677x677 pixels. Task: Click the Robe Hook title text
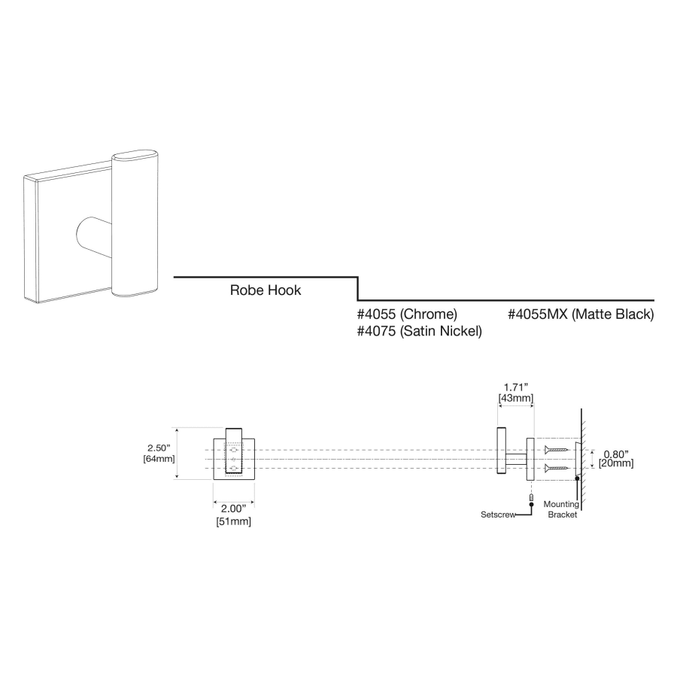tap(265, 290)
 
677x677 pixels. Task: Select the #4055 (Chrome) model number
tap(407, 314)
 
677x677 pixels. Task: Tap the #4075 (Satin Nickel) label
tap(419, 331)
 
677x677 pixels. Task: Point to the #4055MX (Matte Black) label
tap(581, 314)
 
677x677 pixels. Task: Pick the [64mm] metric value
tap(159, 459)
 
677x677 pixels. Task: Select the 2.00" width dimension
tap(234, 509)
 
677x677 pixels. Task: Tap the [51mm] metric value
tap(234, 521)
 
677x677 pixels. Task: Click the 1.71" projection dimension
tap(516, 387)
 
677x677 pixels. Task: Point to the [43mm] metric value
tap(516, 398)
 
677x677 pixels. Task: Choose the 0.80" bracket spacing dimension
tap(615, 454)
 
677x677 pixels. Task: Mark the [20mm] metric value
tap(616, 463)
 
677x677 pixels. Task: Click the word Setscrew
tap(498, 515)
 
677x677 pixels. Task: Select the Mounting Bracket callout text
tap(561, 509)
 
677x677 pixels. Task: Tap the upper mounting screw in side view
tap(556, 450)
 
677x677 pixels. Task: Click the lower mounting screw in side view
tap(556, 468)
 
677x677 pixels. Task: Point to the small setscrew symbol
tap(532, 497)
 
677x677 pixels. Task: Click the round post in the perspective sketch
tap(94, 237)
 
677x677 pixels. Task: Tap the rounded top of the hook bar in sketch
tap(135, 156)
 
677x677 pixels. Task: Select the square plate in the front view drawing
tap(234, 460)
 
